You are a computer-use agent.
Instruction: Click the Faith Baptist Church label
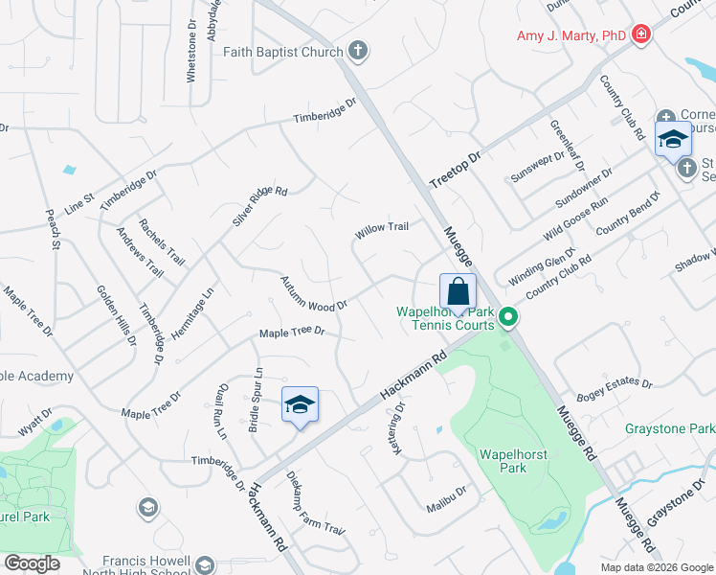(282, 52)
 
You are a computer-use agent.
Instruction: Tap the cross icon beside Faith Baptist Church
(358, 51)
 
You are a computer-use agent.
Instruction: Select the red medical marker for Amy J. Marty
(640, 35)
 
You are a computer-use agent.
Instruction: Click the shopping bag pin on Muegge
(459, 292)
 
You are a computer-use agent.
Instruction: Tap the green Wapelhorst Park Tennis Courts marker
(509, 315)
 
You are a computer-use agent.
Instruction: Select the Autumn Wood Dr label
(312, 293)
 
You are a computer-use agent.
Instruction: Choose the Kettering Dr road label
(399, 428)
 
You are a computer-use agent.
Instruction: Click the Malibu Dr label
(446, 492)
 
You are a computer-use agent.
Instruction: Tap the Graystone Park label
(670, 428)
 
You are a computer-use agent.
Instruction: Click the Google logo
(33, 563)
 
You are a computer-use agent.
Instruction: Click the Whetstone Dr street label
(192, 50)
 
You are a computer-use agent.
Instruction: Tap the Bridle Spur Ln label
(257, 400)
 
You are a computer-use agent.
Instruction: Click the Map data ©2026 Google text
(656, 566)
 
